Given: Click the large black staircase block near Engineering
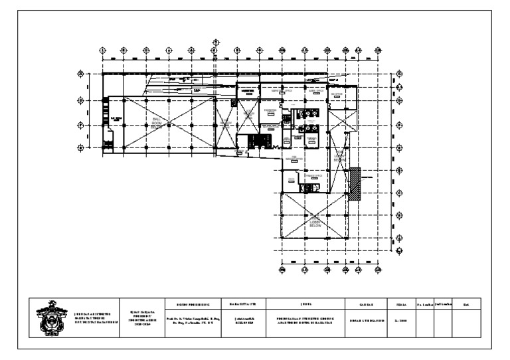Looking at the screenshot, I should pyautogui.click(x=256, y=141).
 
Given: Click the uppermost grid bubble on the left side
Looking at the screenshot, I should pyautogui.click(x=80, y=73).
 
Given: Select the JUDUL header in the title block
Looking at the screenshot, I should pyautogui.click(x=305, y=304).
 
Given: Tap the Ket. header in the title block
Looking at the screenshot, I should pyautogui.click(x=466, y=304).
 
